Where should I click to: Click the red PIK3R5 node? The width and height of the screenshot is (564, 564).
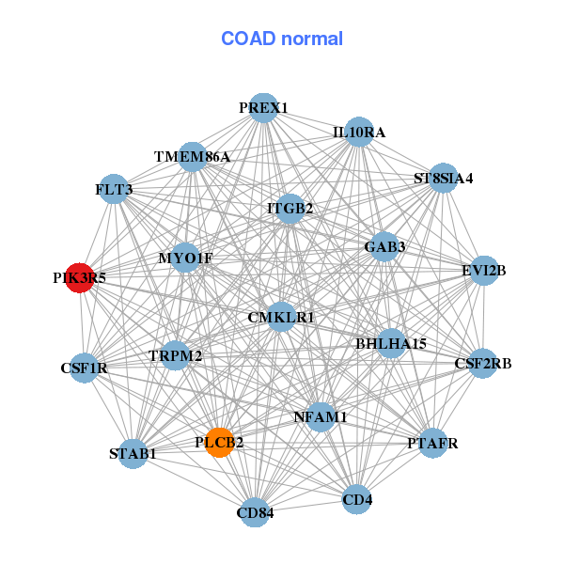(x=80, y=278)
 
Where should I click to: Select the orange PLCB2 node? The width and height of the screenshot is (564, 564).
(x=219, y=442)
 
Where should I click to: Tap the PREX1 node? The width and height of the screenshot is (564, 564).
(x=263, y=108)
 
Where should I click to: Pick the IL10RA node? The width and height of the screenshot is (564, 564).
(x=358, y=133)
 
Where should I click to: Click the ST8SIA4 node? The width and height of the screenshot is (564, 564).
(x=443, y=178)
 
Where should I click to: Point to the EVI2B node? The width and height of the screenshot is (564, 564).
(x=483, y=271)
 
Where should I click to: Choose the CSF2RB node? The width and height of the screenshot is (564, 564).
(x=482, y=363)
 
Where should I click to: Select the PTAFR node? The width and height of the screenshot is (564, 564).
(x=432, y=443)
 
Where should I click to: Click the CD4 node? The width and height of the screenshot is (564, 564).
(x=357, y=499)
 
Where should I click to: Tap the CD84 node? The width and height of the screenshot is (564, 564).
(x=255, y=512)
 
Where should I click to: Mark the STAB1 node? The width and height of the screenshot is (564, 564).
(x=133, y=454)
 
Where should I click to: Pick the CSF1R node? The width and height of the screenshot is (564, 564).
(x=85, y=368)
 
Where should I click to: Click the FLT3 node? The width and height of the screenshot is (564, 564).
(x=114, y=190)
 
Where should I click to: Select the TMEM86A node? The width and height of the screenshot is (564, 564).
(x=192, y=156)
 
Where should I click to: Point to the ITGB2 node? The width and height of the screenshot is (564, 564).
(x=290, y=208)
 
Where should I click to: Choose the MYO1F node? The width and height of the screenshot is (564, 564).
(x=185, y=258)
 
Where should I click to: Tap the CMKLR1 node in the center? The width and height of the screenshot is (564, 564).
(x=281, y=318)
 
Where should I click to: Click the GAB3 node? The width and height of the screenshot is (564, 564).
(x=384, y=247)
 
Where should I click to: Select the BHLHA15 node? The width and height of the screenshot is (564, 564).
(x=390, y=344)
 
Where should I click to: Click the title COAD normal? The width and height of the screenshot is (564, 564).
(x=282, y=39)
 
